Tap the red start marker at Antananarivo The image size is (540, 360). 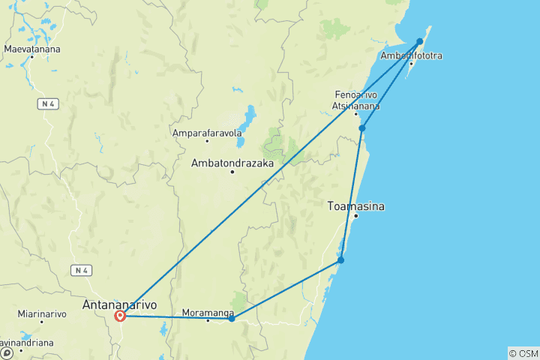pyautogui.click(x=120, y=316)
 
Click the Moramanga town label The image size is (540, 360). pyautogui.click(x=208, y=312)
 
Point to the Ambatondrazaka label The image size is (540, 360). pyautogui.click(x=232, y=163)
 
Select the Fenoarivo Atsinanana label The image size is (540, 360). pyautogui.click(x=356, y=100)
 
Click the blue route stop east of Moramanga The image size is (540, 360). pyautogui.click(x=232, y=319)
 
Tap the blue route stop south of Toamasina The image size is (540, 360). pyautogui.click(x=340, y=260)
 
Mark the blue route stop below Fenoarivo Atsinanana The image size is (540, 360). pyautogui.click(x=362, y=128)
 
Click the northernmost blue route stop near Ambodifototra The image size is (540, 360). pyautogui.click(x=421, y=41)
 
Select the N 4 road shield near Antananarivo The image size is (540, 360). pyautogui.click(x=82, y=269)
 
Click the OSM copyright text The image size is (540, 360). pyautogui.click(x=523, y=352)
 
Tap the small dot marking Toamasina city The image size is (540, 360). pyautogui.click(x=356, y=216)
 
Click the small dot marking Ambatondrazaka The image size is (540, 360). pyautogui.click(x=232, y=172)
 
